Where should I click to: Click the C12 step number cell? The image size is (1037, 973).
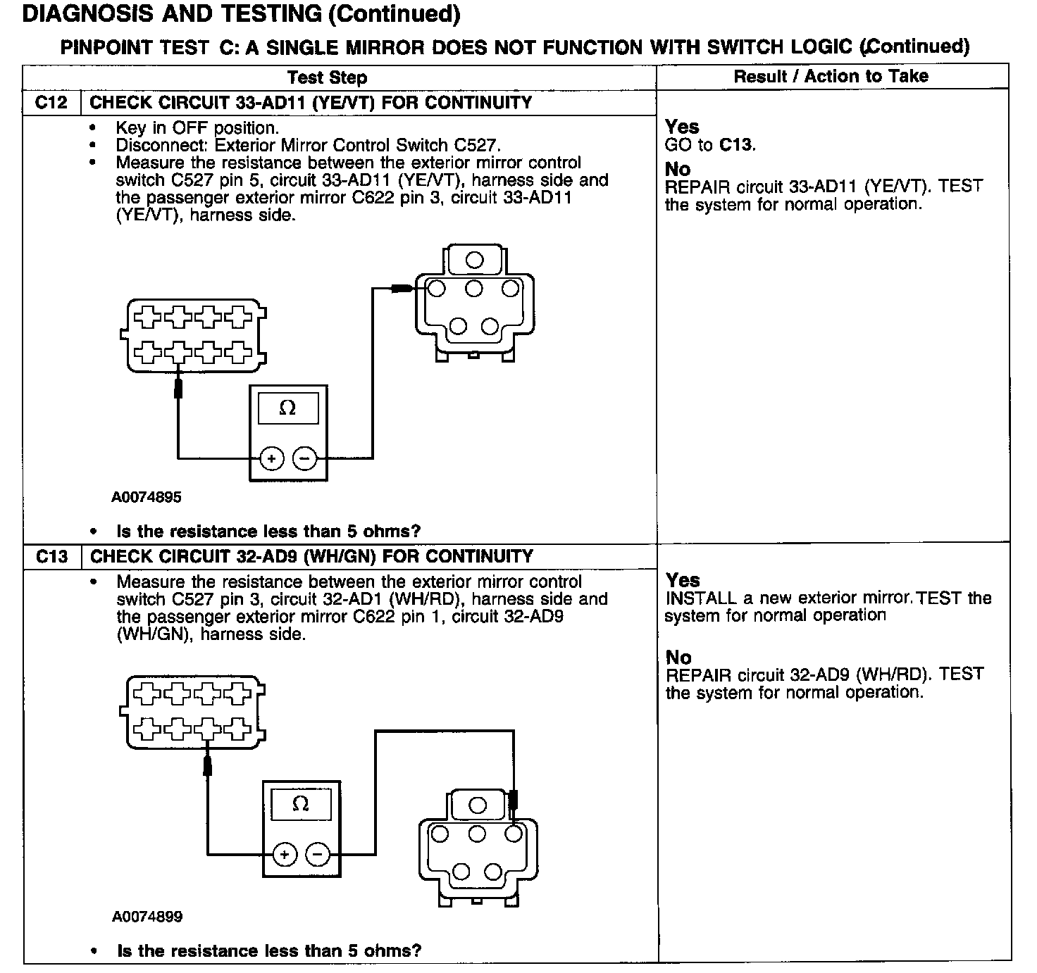(51, 103)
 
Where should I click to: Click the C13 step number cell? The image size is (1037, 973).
(51, 557)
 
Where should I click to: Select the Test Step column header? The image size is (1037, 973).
(328, 77)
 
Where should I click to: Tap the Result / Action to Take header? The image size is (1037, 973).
(831, 76)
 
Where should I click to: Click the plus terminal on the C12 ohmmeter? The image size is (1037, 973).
(272, 459)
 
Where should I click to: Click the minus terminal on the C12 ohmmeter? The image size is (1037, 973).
(305, 459)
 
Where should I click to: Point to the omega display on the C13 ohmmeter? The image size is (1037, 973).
(301, 804)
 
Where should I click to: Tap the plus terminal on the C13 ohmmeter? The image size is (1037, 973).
(285, 855)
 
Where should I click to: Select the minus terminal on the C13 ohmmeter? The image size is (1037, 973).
(317, 855)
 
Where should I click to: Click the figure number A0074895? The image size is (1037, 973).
(147, 497)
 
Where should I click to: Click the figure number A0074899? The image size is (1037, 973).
(147, 917)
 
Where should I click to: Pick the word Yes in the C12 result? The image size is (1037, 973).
(682, 127)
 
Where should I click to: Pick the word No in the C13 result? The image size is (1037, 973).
(678, 658)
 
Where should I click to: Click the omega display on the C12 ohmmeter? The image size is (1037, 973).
(287, 408)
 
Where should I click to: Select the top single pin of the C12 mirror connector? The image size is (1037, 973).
(475, 260)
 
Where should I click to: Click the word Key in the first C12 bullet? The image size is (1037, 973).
(131, 128)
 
